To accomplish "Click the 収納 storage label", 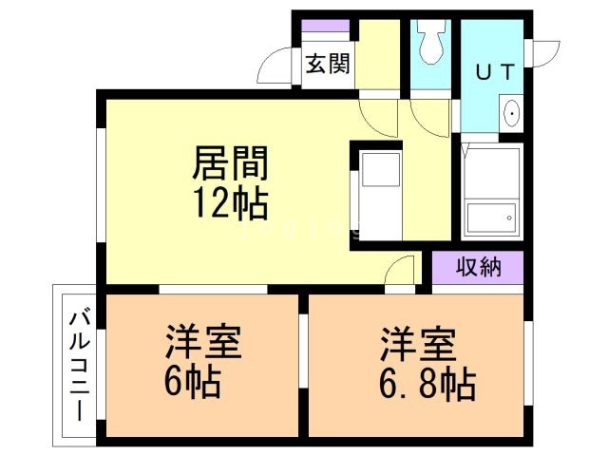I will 477,267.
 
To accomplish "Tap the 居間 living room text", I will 230,163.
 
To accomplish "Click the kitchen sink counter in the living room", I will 379,196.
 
